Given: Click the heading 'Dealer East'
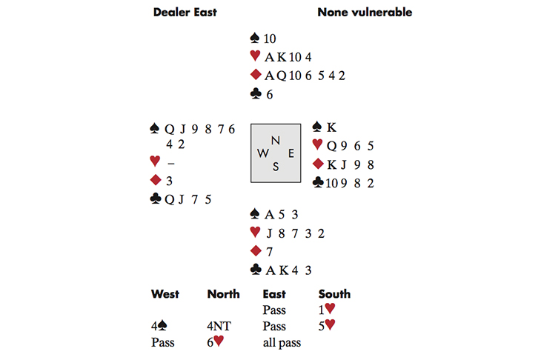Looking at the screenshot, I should tap(185, 13).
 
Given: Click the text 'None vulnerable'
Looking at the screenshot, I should tap(365, 13).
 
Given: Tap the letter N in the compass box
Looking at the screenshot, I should tap(276, 140).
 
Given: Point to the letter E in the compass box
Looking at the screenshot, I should tap(291, 153).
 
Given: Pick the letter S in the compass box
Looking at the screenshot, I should tap(276, 167).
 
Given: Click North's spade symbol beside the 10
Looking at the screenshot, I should tap(256, 39).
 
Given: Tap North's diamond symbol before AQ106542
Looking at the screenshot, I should tap(256, 75).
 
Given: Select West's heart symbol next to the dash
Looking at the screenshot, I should tap(155, 161).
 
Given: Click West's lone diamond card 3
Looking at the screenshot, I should tap(168, 180).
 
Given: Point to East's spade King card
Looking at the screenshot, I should tap(331, 127).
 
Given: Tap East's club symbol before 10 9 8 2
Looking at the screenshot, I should tap(318, 181).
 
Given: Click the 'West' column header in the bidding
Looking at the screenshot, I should tap(165, 294).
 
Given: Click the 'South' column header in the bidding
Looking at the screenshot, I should tap(334, 294).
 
